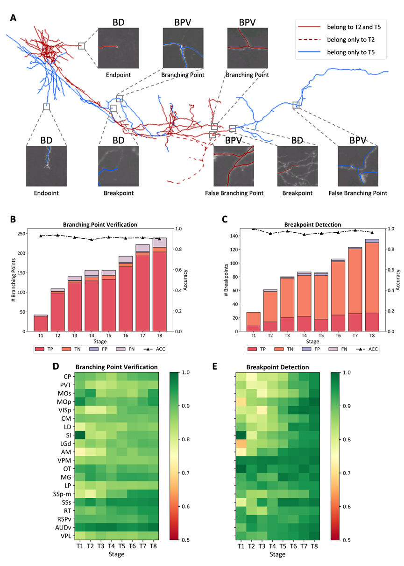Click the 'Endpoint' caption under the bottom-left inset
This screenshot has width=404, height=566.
(x=46, y=193)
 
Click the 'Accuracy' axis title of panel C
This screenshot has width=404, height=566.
(x=398, y=279)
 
